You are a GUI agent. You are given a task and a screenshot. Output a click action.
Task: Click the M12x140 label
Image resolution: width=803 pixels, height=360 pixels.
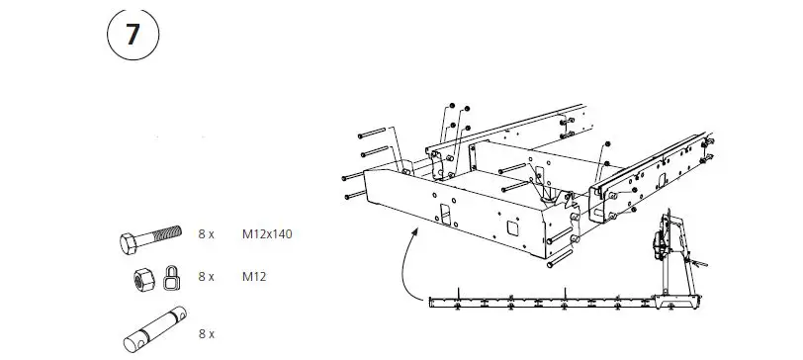267,235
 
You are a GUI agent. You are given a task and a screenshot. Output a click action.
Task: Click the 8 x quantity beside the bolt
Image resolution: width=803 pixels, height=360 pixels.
206,235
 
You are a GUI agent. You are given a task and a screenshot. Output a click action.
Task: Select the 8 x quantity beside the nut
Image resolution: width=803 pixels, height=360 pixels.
206,276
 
